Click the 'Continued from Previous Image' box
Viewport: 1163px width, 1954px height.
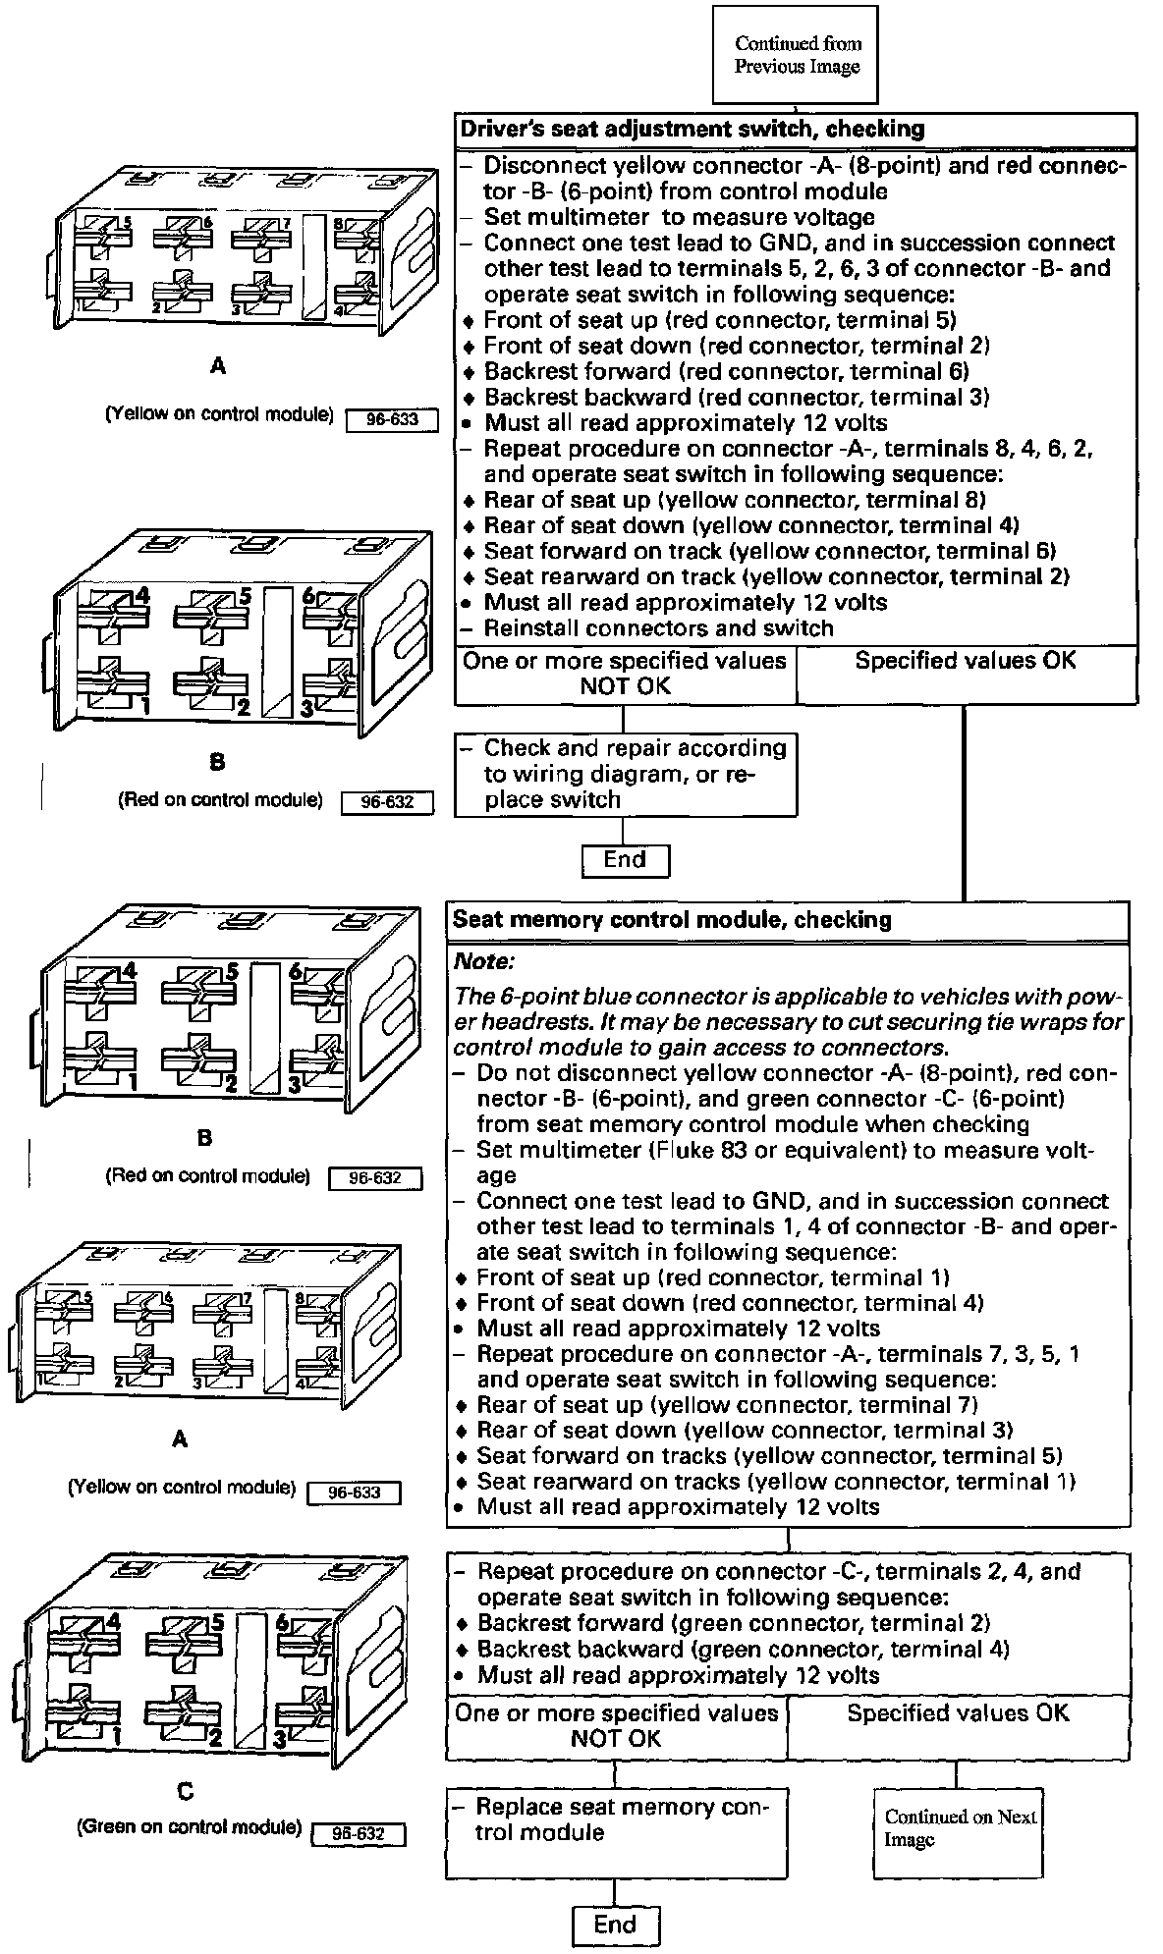click(797, 55)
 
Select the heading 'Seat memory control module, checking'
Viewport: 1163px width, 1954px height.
click(672, 920)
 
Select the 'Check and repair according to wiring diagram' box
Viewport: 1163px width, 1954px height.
click(626, 774)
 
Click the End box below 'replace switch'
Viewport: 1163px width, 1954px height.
click(625, 860)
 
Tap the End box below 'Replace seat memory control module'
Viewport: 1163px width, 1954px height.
click(615, 1925)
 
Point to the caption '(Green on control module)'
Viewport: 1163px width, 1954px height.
click(189, 1827)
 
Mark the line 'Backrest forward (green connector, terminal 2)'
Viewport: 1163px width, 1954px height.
click(733, 1623)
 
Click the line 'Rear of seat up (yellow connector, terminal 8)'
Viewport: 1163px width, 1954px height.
click(735, 500)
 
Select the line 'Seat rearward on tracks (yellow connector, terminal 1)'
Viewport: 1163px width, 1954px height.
click(776, 1481)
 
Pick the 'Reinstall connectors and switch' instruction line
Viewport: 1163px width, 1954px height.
click(658, 628)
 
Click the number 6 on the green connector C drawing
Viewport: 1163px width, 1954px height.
click(282, 1623)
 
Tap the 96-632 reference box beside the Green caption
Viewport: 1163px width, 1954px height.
click(358, 1834)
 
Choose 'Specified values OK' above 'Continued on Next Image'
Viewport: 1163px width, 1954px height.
click(958, 1713)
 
